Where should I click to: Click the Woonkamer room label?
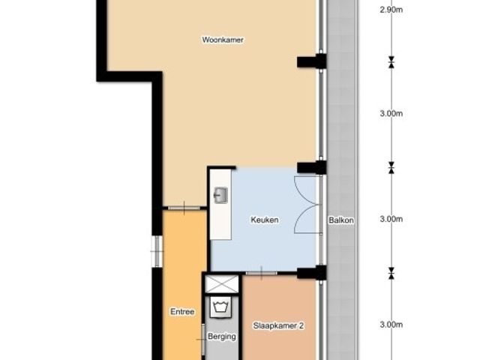(223, 40)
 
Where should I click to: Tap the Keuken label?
(265, 220)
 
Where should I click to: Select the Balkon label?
(341, 220)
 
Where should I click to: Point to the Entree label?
(182, 312)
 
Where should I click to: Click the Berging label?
(222, 337)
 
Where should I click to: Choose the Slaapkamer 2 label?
(278, 325)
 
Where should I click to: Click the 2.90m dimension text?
(391, 10)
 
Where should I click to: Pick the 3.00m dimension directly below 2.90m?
(391, 113)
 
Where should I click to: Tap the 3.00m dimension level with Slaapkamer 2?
(391, 325)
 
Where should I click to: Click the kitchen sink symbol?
(220, 195)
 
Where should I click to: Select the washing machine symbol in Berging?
(220, 307)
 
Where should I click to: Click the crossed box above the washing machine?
(221, 284)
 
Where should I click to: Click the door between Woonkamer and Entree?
(184, 208)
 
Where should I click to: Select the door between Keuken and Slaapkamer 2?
(262, 273)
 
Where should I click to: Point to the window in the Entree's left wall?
(157, 251)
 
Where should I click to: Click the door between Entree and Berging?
(202, 339)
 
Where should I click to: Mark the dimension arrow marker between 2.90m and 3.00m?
(391, 62)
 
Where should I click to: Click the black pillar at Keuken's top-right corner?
(312, 167)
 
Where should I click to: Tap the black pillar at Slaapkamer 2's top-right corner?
(312, 273)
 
